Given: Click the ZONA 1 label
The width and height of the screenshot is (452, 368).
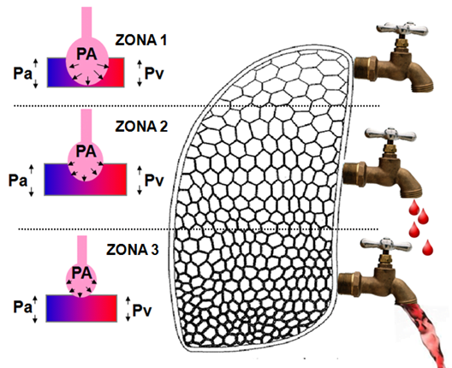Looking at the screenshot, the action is pos(141,40).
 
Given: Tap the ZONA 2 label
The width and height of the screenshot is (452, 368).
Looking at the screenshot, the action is pos(141,126).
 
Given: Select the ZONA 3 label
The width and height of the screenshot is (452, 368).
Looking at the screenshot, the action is pos(133,250).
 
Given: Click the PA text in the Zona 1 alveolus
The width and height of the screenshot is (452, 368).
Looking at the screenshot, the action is pos(86,54).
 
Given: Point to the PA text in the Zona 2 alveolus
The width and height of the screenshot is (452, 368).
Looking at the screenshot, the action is pos(86,151).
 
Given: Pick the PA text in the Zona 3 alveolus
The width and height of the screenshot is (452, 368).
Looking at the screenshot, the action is pos(81,273).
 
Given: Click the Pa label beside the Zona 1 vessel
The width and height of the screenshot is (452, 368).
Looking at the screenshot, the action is pos(22,74).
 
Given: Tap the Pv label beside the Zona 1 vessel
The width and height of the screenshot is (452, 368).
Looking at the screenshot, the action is pos(154,74).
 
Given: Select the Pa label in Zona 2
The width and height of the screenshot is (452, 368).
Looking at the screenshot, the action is pos(18,181).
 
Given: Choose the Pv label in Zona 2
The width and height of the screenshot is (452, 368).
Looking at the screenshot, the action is pos(154,181).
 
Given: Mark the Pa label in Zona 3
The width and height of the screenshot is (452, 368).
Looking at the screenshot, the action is pos(22,307).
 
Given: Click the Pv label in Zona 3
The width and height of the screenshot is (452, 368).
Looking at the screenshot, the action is pos(142,311).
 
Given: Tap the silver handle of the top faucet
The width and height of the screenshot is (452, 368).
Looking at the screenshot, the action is pos(401,28).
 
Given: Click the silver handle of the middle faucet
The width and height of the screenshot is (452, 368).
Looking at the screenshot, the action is pos(390,134).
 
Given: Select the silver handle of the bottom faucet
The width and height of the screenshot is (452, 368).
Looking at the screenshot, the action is pos(386,245).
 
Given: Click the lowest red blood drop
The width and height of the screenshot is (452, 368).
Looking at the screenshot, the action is pos(427,247).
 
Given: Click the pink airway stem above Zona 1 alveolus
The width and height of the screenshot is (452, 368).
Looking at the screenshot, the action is pos(86,24).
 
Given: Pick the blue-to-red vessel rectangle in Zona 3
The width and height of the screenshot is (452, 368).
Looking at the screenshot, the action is pos(81,308).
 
